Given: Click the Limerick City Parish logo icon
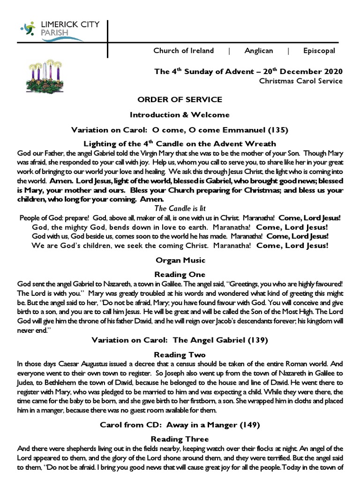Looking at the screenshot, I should point(28,30).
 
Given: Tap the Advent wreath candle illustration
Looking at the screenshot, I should point(45,78).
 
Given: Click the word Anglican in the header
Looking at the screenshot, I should point(258,51).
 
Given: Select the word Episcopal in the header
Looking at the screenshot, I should point(319,51).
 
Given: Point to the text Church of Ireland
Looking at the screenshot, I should point(183,51).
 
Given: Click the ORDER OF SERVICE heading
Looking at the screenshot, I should point(180,100).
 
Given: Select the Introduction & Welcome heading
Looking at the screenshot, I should point(180,114).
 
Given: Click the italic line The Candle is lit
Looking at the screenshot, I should point(180,208).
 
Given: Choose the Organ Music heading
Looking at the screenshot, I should point(180,260).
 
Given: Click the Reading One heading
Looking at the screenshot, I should point(180,274).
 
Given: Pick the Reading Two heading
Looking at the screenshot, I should point(180,355).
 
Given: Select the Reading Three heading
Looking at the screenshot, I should point(180,439).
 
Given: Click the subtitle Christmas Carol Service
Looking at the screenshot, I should point(301,81).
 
